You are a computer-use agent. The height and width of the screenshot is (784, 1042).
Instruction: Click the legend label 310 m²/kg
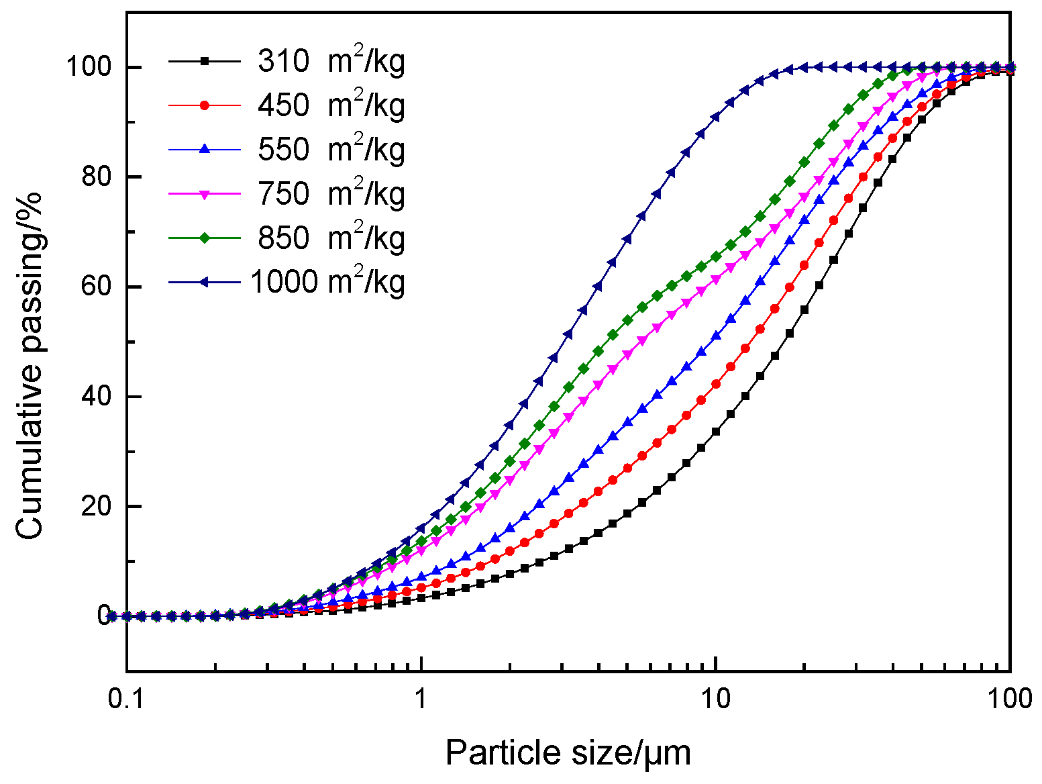331,62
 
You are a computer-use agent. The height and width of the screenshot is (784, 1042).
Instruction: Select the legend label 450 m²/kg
331,105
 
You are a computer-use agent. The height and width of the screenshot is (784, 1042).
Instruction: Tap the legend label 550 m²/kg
331,150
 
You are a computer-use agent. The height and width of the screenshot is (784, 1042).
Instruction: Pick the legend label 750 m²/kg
331,194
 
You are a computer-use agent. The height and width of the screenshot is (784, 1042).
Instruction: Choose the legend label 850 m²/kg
331,238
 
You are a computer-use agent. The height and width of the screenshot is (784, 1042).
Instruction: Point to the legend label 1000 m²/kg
327,282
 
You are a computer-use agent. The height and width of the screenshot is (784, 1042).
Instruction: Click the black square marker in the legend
205,62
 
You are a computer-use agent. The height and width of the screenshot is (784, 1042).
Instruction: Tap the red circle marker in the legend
205,105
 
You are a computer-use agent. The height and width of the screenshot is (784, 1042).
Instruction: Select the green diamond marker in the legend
205,238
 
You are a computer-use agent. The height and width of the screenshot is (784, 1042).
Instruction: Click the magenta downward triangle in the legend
205,194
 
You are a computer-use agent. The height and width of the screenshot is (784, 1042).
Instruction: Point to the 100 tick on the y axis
88,68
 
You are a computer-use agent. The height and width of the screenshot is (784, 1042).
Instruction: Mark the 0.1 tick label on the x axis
127,699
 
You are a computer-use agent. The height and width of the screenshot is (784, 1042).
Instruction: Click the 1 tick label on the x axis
421,699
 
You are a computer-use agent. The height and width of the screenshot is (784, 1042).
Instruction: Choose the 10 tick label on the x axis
716,699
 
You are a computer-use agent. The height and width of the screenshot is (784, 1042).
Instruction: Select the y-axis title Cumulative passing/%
30,365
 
